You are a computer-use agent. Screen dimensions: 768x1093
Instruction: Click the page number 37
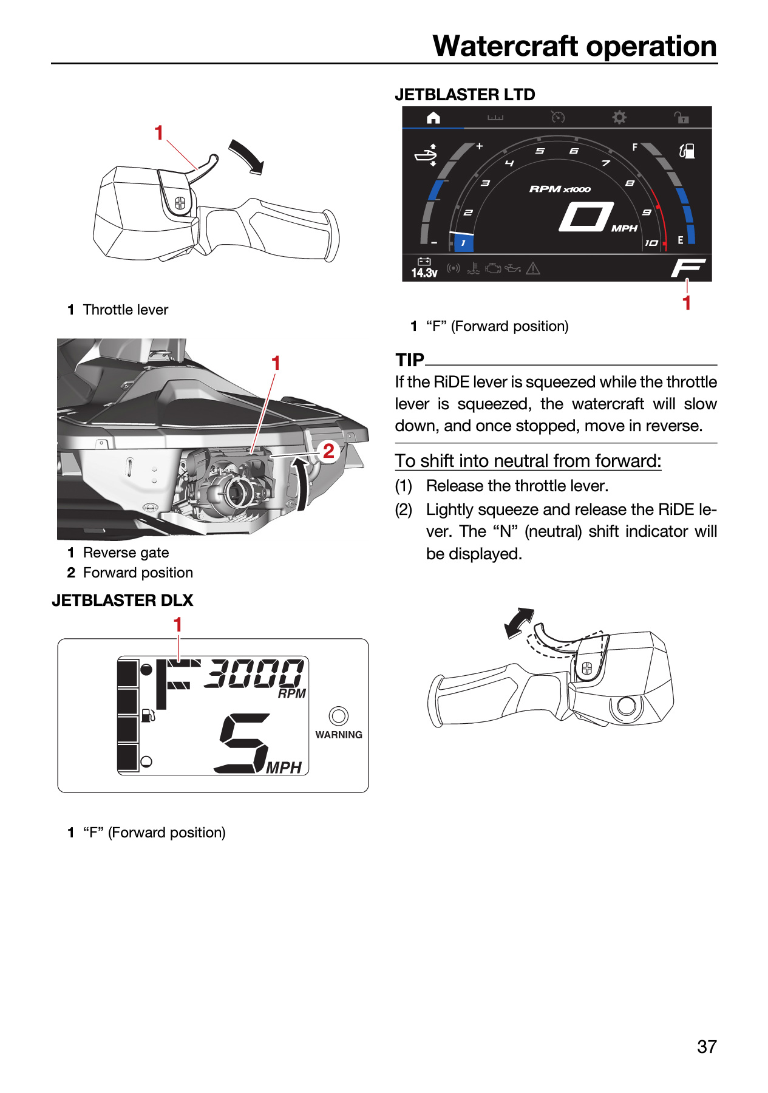pos(707,1047)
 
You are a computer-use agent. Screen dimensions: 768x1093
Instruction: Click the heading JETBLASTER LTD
pos(465,95)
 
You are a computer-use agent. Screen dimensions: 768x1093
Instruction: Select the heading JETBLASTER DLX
pos(123,601)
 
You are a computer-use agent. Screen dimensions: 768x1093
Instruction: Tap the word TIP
pos(410,360)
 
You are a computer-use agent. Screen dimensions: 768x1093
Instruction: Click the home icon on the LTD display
pos(433,118)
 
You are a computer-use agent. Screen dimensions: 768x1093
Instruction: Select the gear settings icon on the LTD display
pos(619,117)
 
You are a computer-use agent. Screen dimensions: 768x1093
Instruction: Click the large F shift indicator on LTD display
pos(688,267)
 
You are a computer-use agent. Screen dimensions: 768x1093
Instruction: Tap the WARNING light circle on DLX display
pos(339,716)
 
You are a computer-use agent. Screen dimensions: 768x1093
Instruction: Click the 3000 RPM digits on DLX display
pos(254,673)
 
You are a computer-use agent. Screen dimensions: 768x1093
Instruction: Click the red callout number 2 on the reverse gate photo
pos(328,451)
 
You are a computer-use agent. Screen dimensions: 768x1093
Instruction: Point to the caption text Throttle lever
pos(126,310)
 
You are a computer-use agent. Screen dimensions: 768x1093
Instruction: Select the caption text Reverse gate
pos(126,553)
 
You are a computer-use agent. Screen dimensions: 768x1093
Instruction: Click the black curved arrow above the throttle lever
pos(247,157)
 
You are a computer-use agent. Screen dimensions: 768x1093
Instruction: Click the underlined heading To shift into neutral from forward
pos(528,461)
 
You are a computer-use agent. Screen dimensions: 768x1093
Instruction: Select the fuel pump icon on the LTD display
pos(687,151)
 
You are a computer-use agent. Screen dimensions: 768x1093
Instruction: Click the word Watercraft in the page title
pos(505,46)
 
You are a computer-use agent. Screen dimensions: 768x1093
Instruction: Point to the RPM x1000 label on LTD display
pos(560,189)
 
